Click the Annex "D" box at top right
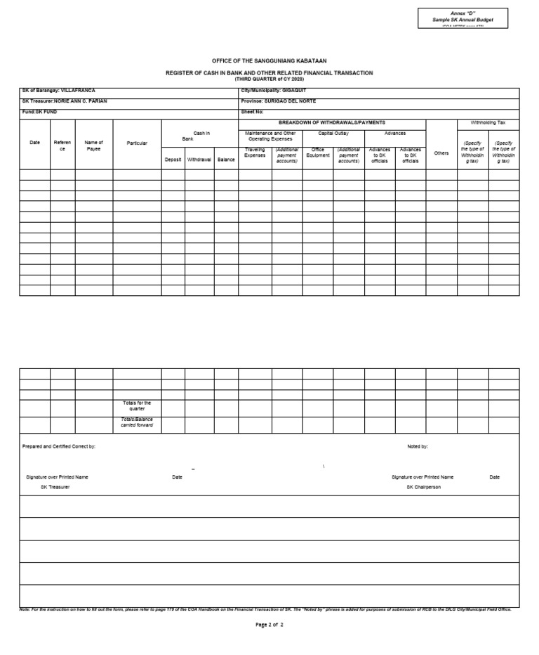[463, 18]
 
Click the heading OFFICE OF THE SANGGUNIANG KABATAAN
[269, 61]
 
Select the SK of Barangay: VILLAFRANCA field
[58, 91]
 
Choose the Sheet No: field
[253, 112]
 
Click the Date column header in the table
[34, 143]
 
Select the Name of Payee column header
[93, 145]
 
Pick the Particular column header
[137, 143]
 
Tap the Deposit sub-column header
[173, 160]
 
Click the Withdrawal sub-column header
[199, 160]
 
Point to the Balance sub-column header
[226, 160]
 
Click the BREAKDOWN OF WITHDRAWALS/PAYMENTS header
[331, 122]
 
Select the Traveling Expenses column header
[255, 153]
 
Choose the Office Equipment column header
[317, 153]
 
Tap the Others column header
[441, 153]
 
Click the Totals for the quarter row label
[137, 406]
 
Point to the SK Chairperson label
[423, 487]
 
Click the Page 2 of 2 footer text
[269, 624]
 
